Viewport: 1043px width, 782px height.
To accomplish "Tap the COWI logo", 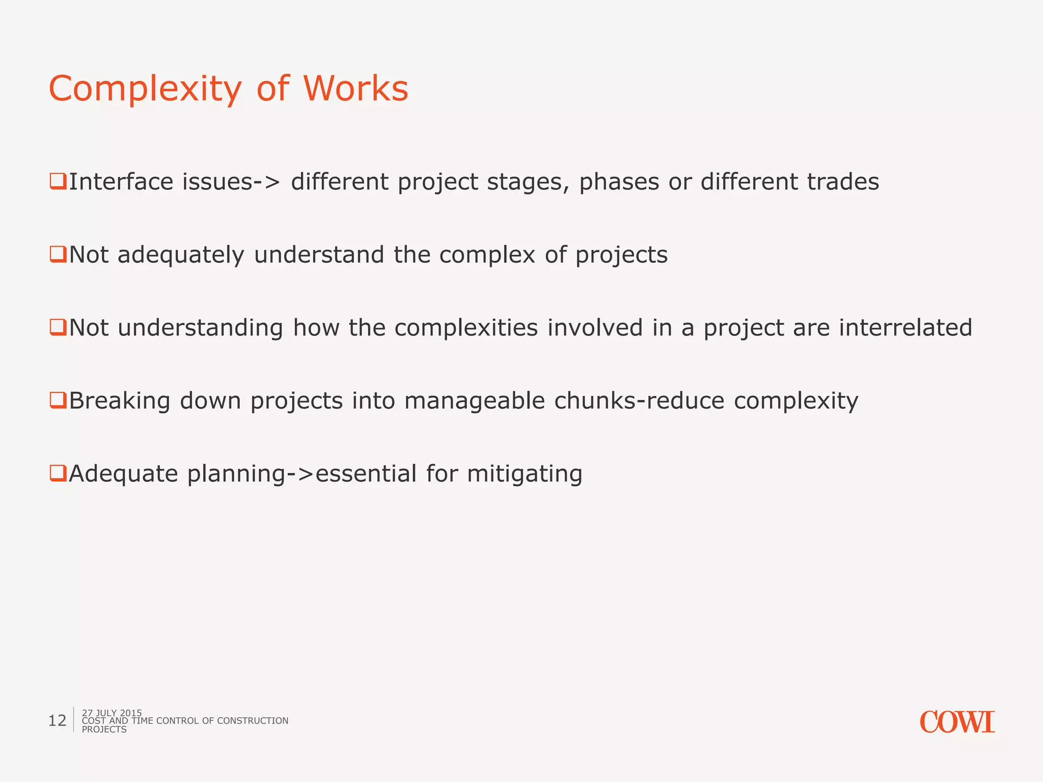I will pyautogui.click(x=957, y=722).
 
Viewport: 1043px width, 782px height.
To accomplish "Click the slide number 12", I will pyautogui.click(x=57, y=720).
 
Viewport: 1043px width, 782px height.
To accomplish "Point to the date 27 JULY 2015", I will pyautogui.click(x=112, y=713).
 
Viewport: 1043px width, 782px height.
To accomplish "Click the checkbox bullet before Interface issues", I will pyautogui.click(x=58, y=181).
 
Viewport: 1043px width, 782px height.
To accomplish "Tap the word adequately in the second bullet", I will pyautogui.click(x=181, y=255).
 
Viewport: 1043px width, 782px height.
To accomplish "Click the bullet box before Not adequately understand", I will pyautogui.click(x=58, y=254).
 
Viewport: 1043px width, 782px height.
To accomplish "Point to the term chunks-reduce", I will pyautogui.click(x=639, y=401).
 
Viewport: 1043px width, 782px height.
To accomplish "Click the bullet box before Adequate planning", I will pyautogui.click(x=58, y=473).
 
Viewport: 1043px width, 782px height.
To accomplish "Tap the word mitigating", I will pyautogui.click(x=525, y=474).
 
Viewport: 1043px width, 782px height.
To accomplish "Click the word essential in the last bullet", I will pyautogui.click(x=366, y=473).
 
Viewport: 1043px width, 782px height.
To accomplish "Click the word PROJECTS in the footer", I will pyautogui.click(x=104, y=730).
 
